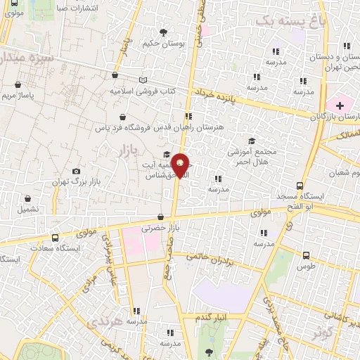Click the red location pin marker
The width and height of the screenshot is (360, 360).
click(181, 165)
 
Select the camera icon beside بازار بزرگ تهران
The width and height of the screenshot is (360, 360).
click(76, 171)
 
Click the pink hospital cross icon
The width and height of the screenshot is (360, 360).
click(340, 105)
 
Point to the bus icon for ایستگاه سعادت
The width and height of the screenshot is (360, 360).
click(55, 238)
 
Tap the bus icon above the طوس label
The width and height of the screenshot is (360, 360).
click(306, 255)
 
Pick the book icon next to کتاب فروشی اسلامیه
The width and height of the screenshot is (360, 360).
click(144, 81)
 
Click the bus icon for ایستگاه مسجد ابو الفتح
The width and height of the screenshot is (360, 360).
click(300, 186)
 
